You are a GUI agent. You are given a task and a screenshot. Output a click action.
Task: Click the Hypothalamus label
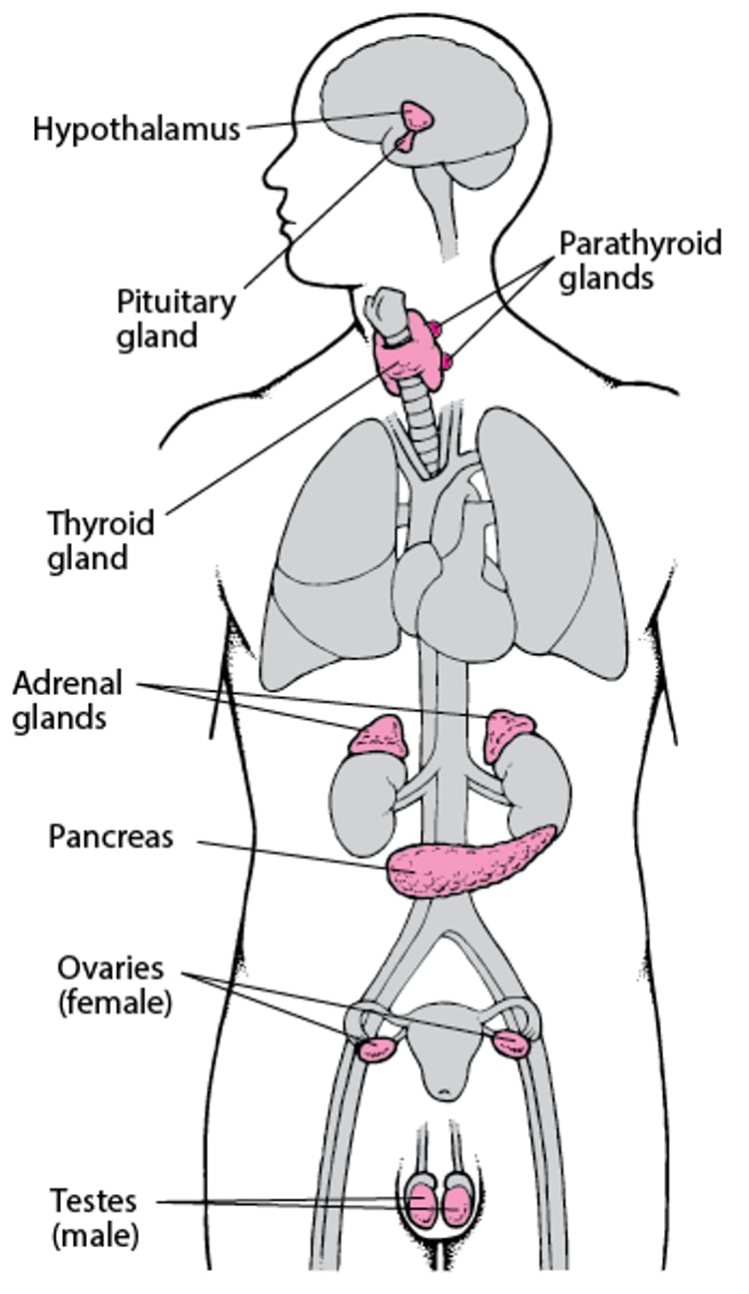click(x=137, y=130)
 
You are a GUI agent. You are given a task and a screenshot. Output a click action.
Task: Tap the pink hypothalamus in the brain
click(x=417, y=116)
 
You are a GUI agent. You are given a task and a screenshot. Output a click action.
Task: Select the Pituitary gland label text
click(x=176, y=319)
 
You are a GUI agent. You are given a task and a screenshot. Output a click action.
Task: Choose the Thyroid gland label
click(x=101, y=540)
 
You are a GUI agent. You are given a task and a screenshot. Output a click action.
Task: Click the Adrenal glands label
click(x=68, y=701)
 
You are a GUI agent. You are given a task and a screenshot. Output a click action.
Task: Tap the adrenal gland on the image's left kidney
click(x=378, y=737)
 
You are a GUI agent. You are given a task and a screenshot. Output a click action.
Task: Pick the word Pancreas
click(x=110, y=837)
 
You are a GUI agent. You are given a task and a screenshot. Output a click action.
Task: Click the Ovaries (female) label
click(x=112, y=984)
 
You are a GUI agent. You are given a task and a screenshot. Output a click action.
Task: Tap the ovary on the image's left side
click(x=377, y=1047)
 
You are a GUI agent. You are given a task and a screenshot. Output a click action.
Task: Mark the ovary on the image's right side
click(x=510, y=1043)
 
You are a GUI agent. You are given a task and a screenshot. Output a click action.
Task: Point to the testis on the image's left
click(x=422, y=1202)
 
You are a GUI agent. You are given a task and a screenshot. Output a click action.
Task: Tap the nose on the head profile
click(x=268, y=180)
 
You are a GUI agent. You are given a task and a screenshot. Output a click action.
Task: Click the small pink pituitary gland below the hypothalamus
click(x=405, y=143)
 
